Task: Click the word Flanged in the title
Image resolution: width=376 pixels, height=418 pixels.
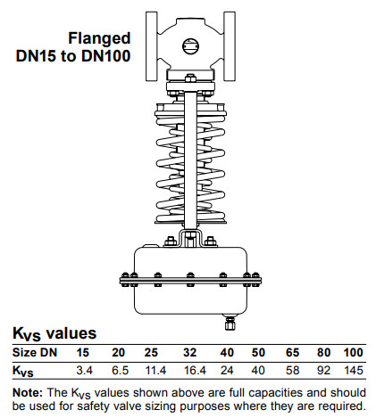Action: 99,38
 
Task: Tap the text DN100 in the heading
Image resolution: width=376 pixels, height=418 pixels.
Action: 106,56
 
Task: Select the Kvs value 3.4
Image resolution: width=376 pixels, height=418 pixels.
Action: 85,371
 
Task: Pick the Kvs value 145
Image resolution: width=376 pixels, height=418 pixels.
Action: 354,371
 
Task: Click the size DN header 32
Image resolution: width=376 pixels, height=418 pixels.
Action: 189,353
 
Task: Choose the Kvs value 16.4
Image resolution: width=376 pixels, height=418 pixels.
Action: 195,371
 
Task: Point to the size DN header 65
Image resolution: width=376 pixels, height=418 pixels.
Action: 292,353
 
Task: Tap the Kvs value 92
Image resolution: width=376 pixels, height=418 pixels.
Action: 323,371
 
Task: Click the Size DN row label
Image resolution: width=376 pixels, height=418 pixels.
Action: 35,353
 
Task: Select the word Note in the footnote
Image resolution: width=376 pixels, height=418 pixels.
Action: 28,393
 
